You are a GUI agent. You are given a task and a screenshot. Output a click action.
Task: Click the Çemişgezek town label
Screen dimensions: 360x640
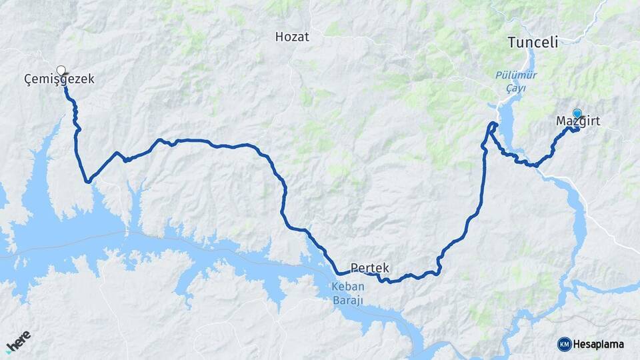click(59, 79)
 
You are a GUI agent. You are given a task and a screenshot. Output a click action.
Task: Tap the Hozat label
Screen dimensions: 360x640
click(292, 37)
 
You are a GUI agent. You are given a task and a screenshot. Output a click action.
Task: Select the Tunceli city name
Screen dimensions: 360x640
click(532, 43)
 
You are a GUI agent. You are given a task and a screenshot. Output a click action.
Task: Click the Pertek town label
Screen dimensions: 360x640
click(370, 267)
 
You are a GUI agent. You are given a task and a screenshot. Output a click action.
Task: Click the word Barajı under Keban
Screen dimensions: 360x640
click(347, 300)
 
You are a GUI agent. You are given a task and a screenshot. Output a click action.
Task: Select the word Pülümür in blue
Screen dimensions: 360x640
click(516, 75)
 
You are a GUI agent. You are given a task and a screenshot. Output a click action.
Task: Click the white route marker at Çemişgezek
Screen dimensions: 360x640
click(61, 70)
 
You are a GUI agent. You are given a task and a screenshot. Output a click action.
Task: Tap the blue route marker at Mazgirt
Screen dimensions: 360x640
click(577, 113)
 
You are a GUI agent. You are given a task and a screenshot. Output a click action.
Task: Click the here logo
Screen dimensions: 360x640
click(19, 340)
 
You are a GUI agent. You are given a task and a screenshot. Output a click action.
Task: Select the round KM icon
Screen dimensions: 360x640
click(564, 344)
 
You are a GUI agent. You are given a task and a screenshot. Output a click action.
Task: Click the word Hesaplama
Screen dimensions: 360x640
click(599, 344)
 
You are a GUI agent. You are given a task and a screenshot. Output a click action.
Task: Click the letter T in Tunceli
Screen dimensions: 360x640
click(511, 43)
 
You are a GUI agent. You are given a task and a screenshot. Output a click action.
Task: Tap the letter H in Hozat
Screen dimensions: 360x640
click(279, 37)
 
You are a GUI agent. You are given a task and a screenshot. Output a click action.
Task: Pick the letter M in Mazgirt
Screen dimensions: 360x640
click(561, 121)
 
